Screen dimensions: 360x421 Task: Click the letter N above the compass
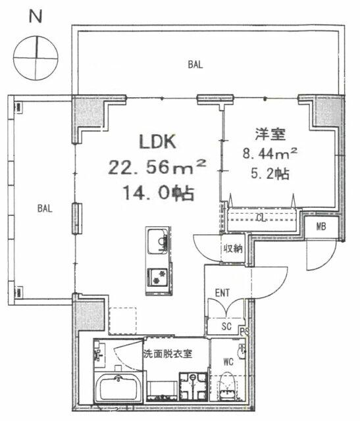pyautogui.click(x=36, y=16)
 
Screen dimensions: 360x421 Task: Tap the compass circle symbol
pyautogui.click(x=36, y=58)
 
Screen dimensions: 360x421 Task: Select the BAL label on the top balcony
pyautogui.click(x=195, y=64)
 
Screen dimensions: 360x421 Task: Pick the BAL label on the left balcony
pyautogui.click(x=45, y=209)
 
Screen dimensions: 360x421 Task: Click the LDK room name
pyautogui.click(x=157, y=141)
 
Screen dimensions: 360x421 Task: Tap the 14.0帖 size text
pyautogui.click(x=159, y=193)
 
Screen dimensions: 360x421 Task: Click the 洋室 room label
pyautogui.click(x=270, y=134)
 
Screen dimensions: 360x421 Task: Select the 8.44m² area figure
pyautogui.click(x=270, y=153)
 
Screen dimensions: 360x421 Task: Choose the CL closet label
pyautogui.click(x=261, y=218)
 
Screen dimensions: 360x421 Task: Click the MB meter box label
pyautogui.click(x=321, y=226)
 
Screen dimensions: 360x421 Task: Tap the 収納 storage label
pyautogui.click(x=233, y=249)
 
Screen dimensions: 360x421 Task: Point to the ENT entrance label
pyautogui.click(x=222, y=293)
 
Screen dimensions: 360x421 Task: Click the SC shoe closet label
pyautogui.click(x=226, y=326)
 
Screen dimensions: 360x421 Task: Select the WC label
pyautogui.click(x=228, y=362)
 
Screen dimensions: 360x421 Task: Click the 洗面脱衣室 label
pyautogui.click(x=168, y=354)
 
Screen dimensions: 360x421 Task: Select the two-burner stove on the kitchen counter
pyautogui.click(x=158, y=276)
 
